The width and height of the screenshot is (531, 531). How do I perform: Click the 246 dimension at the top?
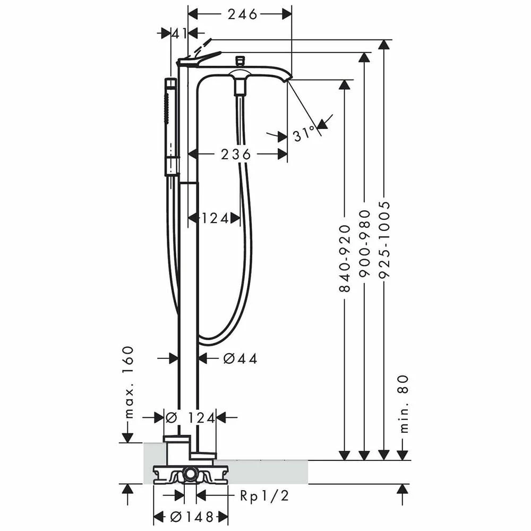click(242, 14)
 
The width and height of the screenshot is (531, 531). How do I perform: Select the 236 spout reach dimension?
click(236, 155)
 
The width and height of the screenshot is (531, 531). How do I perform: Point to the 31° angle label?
click(304, 134)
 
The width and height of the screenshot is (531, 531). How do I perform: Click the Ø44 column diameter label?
click(240, 358)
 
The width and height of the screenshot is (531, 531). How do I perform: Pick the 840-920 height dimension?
click(345, 258)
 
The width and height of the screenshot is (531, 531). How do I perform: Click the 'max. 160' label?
click(128, 382)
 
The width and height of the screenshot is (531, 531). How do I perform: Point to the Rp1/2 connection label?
click(264, 496)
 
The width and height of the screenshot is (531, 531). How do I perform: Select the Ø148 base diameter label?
click(192, 517)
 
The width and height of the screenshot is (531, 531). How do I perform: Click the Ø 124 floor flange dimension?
click(190, 418)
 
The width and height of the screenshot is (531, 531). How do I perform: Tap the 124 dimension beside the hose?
click(215, 218)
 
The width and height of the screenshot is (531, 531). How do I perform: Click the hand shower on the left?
click(171, 127)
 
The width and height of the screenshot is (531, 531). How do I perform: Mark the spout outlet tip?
click(289, 79)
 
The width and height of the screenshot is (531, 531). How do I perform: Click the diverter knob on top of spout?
click(240, 61)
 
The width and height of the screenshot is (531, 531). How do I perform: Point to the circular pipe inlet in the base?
click(190, 474)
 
